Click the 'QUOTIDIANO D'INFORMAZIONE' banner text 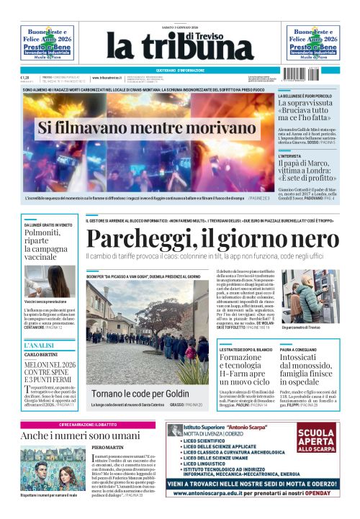[x=180, y=70]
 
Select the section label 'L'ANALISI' [x=36, y=346]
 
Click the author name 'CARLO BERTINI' [x=41, y=355]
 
